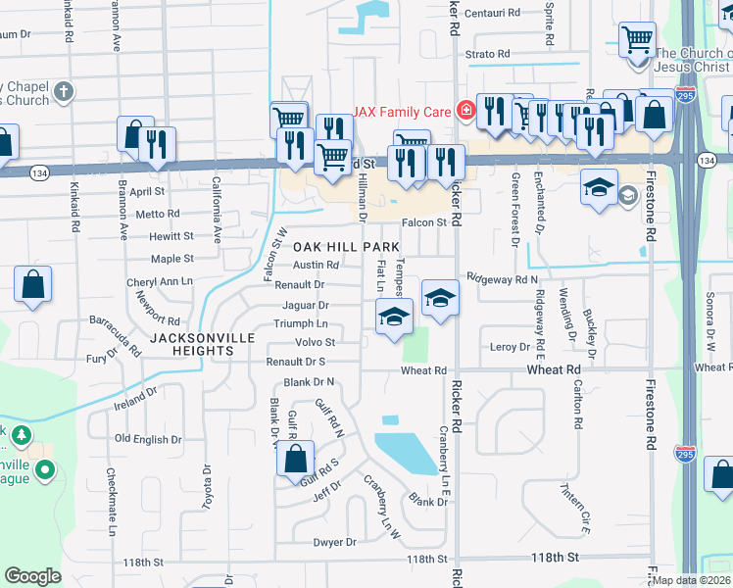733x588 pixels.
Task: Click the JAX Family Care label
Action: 403,111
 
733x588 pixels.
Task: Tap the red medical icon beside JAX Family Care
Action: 465,110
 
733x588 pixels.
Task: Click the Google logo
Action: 32,576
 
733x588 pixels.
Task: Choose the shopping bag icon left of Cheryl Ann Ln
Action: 32,285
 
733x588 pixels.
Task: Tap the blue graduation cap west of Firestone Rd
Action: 599,185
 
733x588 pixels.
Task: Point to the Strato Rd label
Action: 488,54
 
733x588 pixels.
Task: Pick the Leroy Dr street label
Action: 510,347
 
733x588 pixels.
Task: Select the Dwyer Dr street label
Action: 334,542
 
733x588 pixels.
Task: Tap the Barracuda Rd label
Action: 116,333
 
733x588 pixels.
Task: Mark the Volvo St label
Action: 316,342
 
